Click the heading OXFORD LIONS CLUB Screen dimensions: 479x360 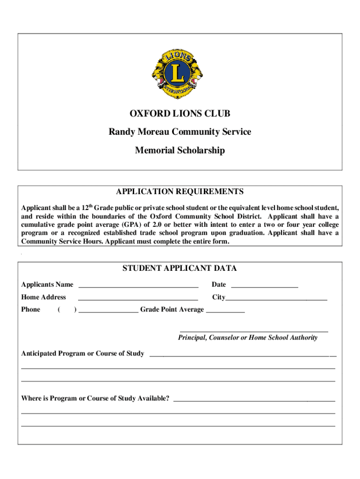click(x=180, y=114)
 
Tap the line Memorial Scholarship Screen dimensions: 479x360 click(x=180, y=151)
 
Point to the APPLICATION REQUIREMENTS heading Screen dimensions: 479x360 click(x=180, y=192)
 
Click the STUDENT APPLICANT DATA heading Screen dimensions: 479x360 click(x=180, y=269)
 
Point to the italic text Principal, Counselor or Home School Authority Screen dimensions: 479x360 click(x=248, y=338)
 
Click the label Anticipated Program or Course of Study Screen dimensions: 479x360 click(x=83, y=354)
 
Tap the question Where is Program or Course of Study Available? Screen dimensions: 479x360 click(x=95, y=399)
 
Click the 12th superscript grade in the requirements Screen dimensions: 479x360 click(x=86, y=206)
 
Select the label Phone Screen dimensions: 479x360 click(x=31, y=310)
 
